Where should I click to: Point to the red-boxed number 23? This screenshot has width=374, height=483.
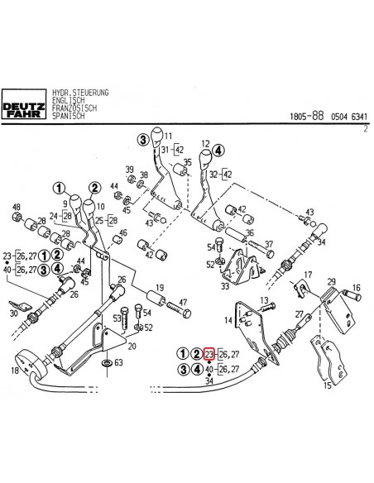[209, 354]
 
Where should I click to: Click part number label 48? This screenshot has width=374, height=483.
[16, 207]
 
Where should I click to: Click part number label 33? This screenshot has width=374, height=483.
[224, 286]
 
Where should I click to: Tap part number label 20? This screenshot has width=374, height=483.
[132, 345]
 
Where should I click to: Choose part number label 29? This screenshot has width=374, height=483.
[330, 282]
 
